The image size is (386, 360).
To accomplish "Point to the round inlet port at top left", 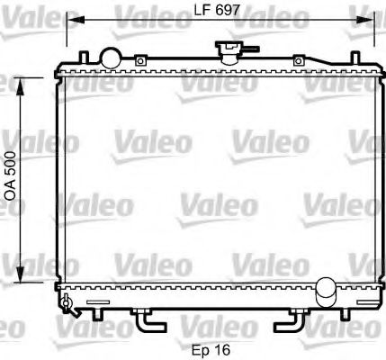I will click(x=110, y=58).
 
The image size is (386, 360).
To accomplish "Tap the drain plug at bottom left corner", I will click(x=67, y=303).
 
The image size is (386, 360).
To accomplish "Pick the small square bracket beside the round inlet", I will click(x=140, y=61).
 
